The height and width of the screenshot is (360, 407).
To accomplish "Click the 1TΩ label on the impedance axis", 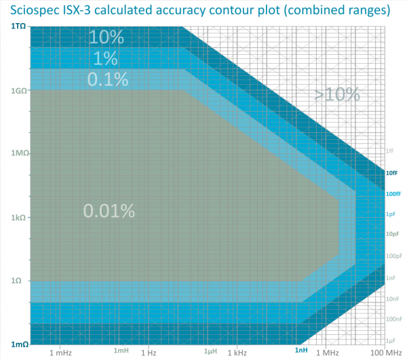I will [x=18, y=26].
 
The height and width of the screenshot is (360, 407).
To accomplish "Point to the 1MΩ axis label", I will [x=18, y=153].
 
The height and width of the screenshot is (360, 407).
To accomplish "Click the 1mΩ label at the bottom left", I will [x=18, y=344].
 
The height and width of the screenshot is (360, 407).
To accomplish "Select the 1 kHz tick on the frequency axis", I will [x=237, y=353].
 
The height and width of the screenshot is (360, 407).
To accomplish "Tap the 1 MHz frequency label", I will [x=326, y=353].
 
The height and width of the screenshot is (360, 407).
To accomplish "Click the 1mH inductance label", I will [x=121, y=350].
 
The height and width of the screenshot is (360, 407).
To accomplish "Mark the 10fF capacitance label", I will [x=391, y=174].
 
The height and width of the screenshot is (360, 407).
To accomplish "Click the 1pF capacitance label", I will [x=391, y=214].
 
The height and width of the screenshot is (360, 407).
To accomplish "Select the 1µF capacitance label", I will [x=391, y=340].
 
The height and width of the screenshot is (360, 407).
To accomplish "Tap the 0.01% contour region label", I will [x=109, y=211].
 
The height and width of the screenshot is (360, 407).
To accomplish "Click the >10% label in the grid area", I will [x=336, y=94].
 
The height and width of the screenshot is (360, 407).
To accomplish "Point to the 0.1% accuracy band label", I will [x=108, y=79].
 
